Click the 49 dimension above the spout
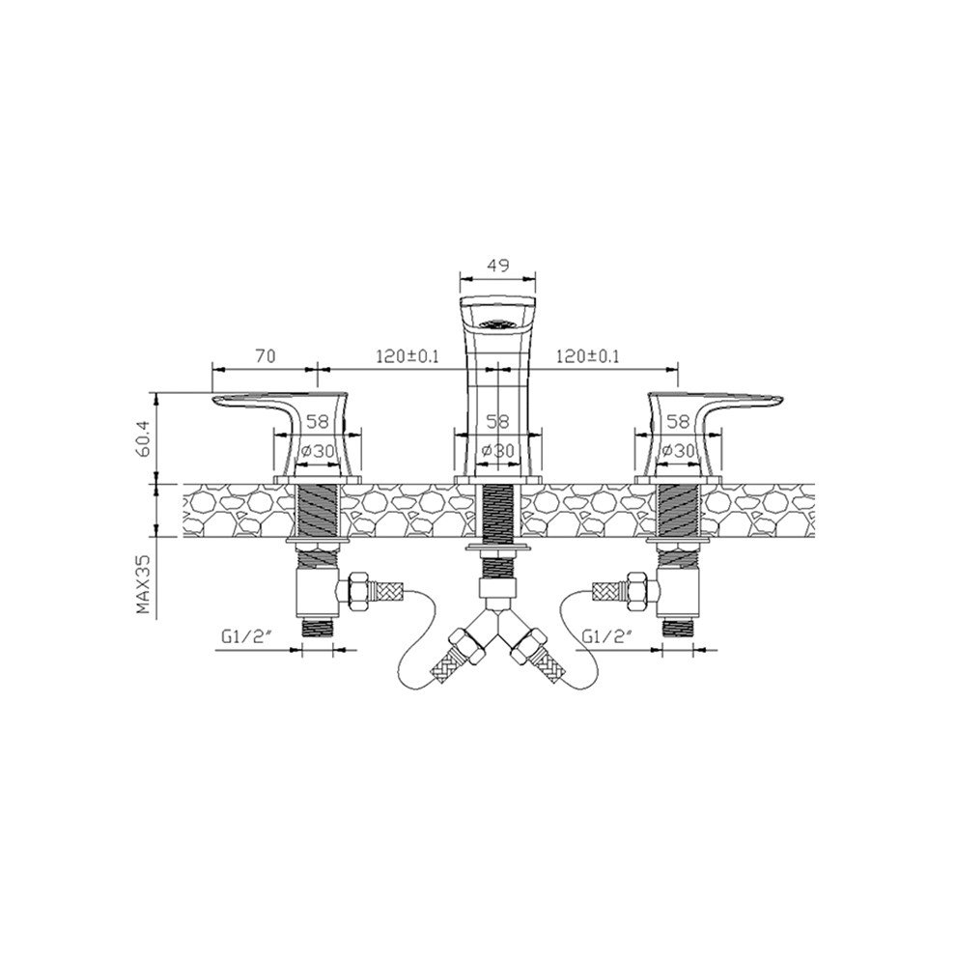[x=497, y=266]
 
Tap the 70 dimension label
[x=266, y=355]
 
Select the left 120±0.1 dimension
[x=408, y=356]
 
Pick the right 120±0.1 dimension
[x=588, y=356]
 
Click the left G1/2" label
[x=246, y=637]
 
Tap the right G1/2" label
[x=606, y=637]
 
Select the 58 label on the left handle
[x=317, y=421]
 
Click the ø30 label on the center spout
[x=497, y=451]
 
